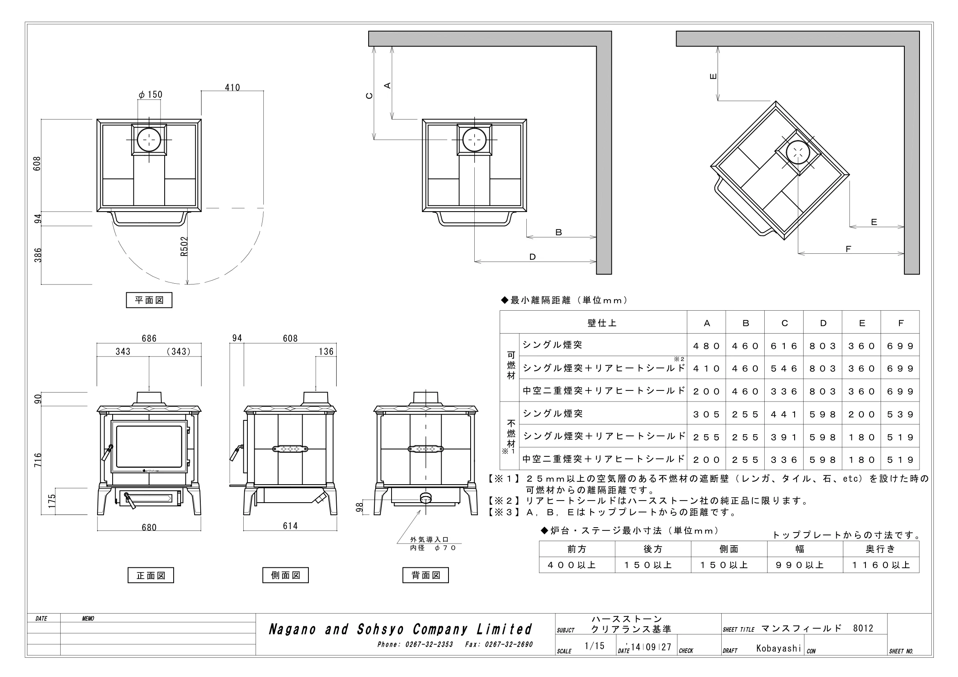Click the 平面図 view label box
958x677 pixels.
tap(149, 300)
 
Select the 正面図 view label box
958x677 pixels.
tap(151, 575)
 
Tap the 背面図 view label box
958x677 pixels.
tap(426, 575)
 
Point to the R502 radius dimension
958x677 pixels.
tap(184, 246)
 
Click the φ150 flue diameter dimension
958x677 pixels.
tap(151, 95)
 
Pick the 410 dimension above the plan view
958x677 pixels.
tap(232, 88)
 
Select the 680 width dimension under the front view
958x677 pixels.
tap(149, 527)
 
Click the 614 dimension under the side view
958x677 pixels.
tap(290, 526)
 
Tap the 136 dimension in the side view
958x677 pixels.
tap(326, 352)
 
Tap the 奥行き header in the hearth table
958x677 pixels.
tap(881, 549)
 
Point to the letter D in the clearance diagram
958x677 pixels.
tap(532, 257)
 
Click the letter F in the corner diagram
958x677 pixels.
tap(848, 249)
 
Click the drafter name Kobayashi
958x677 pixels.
tap(779, 648)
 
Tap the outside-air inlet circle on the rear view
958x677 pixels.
tap(426, 497)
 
